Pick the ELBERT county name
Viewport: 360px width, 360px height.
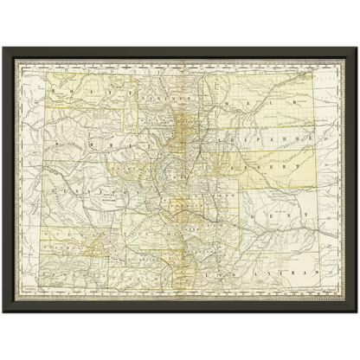coord(273,161)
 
